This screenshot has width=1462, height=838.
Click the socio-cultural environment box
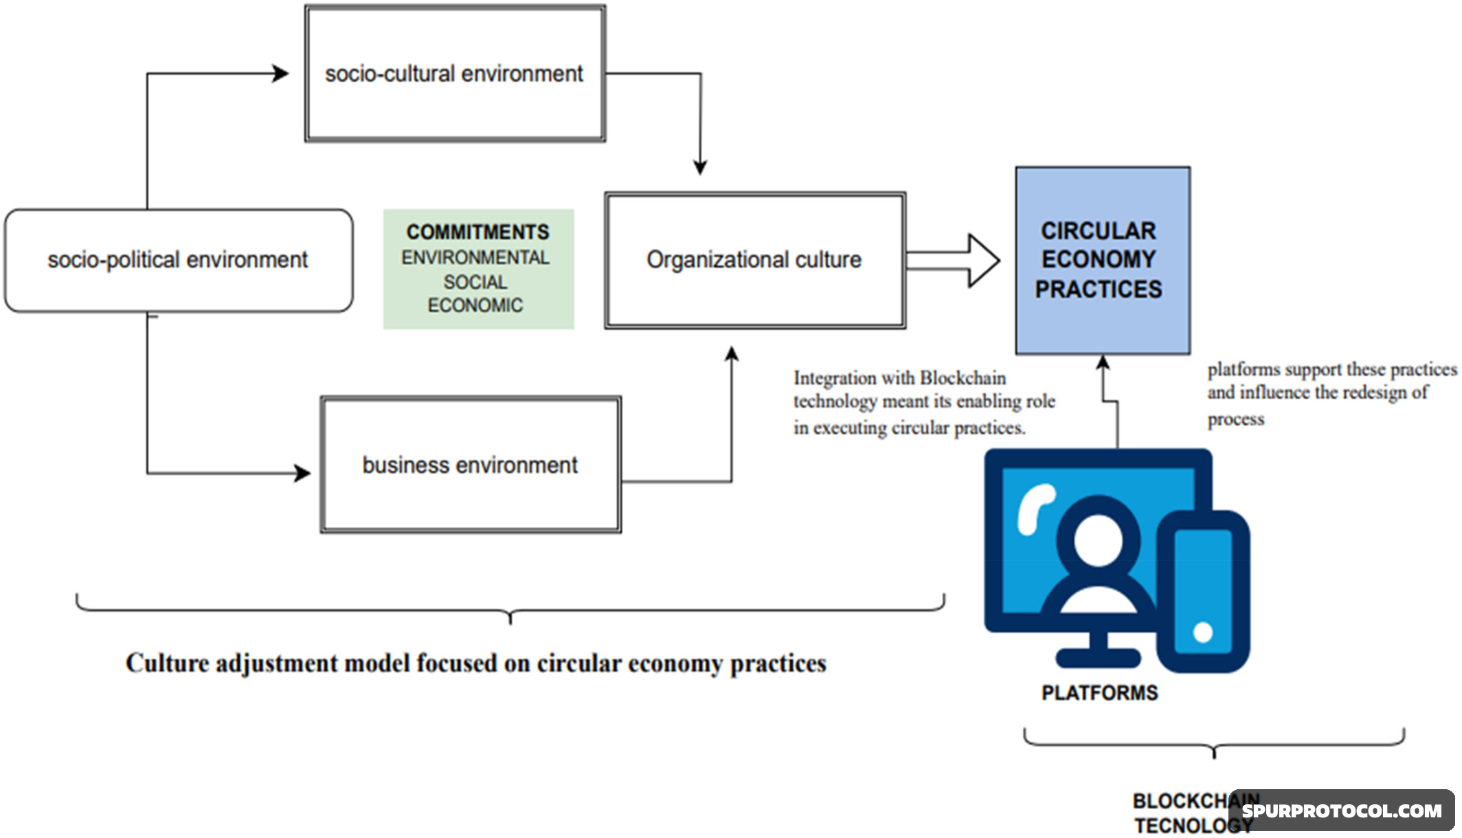pos(455,74)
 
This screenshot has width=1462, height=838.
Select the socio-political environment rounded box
pos(179,261)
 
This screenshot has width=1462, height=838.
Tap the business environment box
pos(471,465)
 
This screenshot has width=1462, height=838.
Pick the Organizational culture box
pos(754,261)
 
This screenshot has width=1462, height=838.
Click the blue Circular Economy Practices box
pos(1102,260)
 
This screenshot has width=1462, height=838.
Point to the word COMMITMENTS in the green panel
pos(477,232)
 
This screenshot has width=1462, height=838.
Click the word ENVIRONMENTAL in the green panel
pos(475,258)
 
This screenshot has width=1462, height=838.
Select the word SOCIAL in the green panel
pos(475,282)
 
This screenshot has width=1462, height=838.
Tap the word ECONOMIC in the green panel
pos(475,305)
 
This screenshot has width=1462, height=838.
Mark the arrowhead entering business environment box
pos(303,473)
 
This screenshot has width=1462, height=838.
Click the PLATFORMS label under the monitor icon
pos(1099,693)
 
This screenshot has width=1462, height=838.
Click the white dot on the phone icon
pos(1202,632)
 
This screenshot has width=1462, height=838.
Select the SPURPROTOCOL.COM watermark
pos(1341,811)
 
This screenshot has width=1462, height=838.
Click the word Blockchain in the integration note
pos(963,378)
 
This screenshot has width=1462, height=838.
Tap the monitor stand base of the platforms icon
pos(1097,658)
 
